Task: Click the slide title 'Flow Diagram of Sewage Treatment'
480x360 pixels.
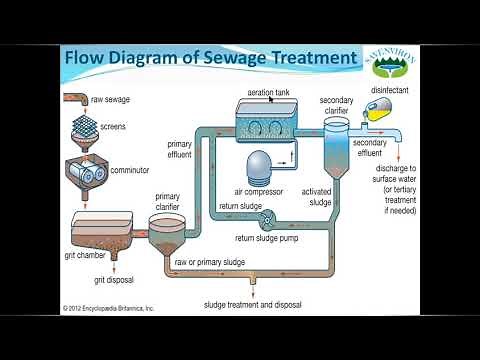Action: tap(210, 58)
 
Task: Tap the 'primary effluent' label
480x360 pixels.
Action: tap(179, 148)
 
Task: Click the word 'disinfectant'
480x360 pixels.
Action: tap(390, 90)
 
